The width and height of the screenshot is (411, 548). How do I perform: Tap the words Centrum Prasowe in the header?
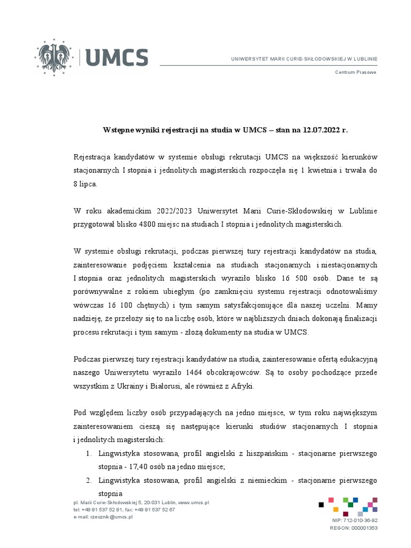pos(355,72)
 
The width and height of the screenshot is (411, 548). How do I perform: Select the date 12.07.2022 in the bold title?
pos(322,130)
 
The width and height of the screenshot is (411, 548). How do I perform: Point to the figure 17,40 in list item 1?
pos(140,466)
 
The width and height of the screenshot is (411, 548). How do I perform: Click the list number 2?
pos(88,480)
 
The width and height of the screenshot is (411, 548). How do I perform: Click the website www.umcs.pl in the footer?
pos(193,503)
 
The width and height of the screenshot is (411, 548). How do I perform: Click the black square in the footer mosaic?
pos(321,504)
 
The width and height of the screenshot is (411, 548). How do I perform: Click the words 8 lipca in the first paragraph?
pos(86,184)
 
